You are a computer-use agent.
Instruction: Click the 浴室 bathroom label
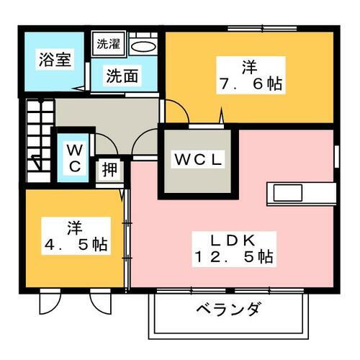55,59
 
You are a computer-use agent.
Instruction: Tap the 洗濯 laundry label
108,44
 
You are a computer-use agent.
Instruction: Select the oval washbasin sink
143,47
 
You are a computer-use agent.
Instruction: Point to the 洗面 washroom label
122,76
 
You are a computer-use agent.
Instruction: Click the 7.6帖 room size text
251,84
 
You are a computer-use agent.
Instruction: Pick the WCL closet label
198,160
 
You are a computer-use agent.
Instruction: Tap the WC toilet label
75,158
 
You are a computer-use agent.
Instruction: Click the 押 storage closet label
109,169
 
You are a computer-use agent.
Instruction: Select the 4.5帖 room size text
76,245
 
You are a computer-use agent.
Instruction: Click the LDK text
233,240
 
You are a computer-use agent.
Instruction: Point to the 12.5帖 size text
234,257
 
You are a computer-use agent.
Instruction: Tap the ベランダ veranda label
228,309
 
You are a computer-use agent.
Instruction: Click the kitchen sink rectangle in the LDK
288,193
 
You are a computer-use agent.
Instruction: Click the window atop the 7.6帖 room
262,29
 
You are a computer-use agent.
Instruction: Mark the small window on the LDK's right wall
336,156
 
